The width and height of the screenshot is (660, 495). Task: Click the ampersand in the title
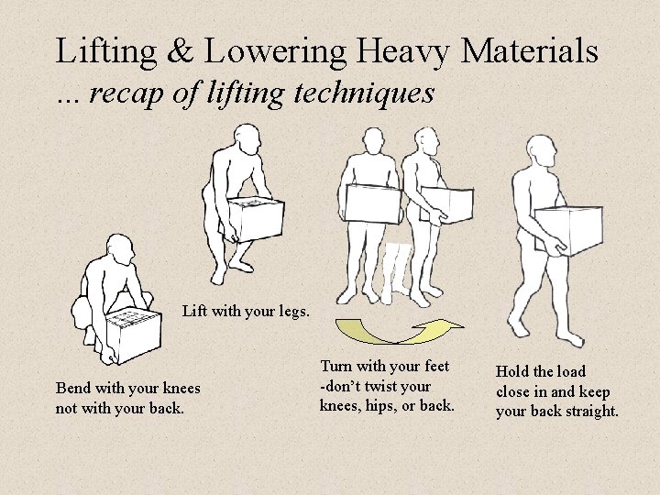tap(181, 51)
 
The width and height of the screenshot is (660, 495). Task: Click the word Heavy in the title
tap(404, 52)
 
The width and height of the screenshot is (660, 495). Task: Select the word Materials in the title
tap(530, 51)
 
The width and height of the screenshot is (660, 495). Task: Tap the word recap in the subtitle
tap(126, 93)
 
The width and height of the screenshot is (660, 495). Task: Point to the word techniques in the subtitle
tap(364, 93)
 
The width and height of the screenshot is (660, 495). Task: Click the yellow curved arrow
tap(399, 331)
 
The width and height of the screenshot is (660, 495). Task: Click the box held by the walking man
tap(568, 230)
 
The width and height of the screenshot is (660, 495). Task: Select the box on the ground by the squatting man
tap(134, 335)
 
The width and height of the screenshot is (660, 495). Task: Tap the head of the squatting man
tap(120, 249)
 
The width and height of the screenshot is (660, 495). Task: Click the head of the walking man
tap(542, 151)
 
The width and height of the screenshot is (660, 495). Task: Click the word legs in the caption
tap(294, 312)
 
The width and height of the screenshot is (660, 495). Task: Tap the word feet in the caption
tap(436, 366)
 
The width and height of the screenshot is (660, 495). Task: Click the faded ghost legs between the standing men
tap(396, 272)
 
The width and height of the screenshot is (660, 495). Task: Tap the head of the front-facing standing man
tap(373, 140)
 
